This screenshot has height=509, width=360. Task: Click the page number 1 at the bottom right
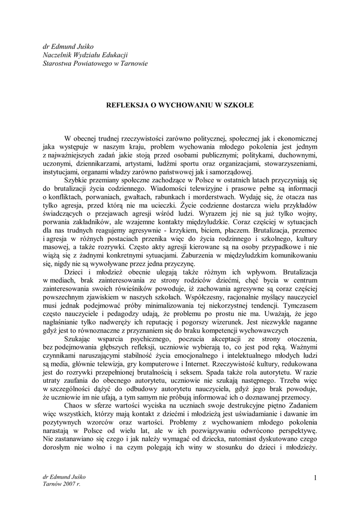click(x=315, y=478)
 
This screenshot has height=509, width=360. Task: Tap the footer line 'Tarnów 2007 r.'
click(x=62, y=484)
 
